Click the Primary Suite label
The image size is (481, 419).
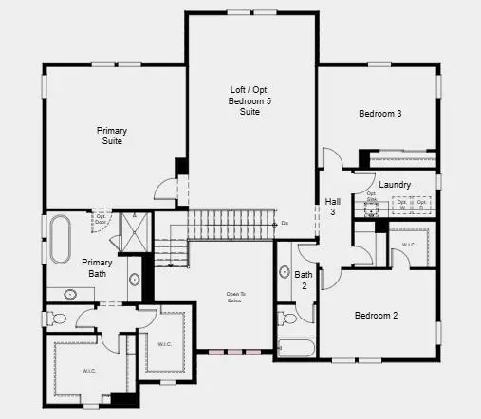click(x=110, y=136)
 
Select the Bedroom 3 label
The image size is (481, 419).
click(x=379, y=114)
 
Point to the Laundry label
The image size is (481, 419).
click(x=394, y=184)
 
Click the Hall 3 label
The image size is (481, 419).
click(x=333, y=207)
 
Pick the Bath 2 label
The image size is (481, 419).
click(x=305, y=280)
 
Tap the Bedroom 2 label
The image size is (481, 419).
click(x=376, y=316)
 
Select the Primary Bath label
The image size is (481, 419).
click(x=97, y=268)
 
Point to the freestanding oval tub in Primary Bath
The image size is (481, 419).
click(x=60, y=240)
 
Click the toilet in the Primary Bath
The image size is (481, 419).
click(x=60, y=318)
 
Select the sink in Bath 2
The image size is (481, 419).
click(x=284, y=273)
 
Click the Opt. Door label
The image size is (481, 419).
click(x=100, y=218)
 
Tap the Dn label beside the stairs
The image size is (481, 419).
click(x=284, y=224)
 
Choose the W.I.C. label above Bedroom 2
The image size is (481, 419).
click(x=409, y=246)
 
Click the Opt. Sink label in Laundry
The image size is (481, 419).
click(x=372, y=196)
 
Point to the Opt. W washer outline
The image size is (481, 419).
click(x=402, y=203)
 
